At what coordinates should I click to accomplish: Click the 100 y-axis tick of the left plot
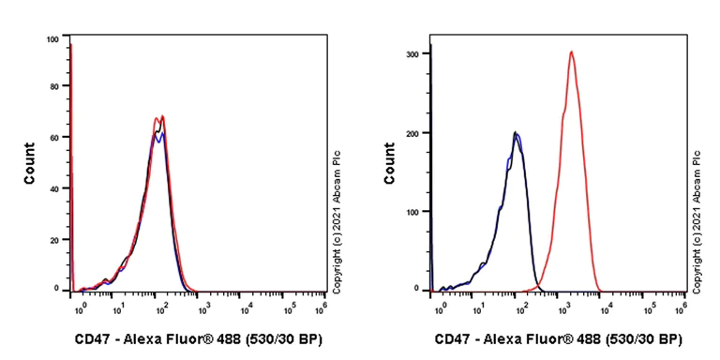point(52,39)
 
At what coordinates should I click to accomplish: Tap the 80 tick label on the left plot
point(54,86)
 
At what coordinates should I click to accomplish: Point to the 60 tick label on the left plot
point(54,137)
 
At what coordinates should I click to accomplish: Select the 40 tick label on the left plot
point(54,187)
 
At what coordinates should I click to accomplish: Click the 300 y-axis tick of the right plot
point(412,53)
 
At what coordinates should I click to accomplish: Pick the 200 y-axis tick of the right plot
point(412,132)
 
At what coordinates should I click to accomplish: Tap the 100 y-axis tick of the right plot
point(412,211)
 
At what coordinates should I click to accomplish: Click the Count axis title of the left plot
point(29,162)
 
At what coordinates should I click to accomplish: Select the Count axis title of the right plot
point(389,162)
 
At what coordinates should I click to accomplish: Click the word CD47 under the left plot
point(91,338)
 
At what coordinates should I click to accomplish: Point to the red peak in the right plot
point(571,52)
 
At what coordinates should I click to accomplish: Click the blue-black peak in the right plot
point(516,133)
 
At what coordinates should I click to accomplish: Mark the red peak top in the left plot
point(162,116)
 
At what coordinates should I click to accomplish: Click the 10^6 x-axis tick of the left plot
point(323,307)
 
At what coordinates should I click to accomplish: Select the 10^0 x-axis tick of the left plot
point(82,307)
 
